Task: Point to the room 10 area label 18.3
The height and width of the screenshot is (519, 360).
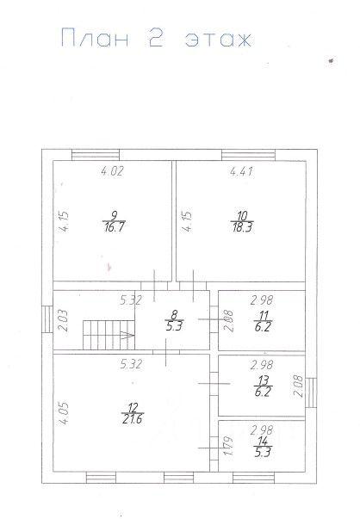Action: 242,227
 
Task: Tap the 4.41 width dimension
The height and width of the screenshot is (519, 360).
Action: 242,172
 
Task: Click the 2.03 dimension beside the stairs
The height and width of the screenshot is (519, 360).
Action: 62,320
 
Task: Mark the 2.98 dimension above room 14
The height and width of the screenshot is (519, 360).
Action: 262,429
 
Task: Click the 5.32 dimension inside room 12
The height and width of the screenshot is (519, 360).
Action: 131,364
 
